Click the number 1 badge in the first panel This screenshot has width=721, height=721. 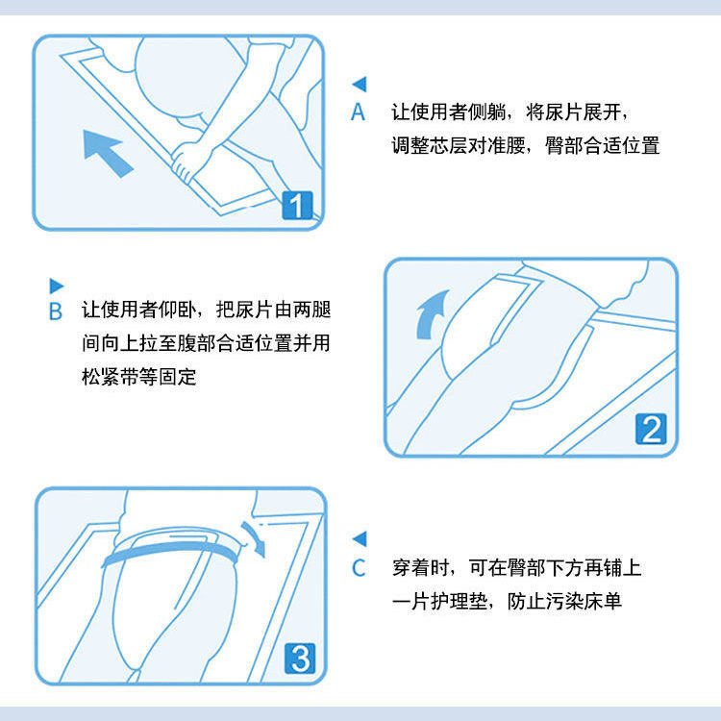tap(298, 205)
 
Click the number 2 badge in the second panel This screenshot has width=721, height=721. tap(652, 429)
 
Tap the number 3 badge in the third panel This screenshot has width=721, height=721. tap(299, 658)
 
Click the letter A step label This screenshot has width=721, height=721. tap(359, 112)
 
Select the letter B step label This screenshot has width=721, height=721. tap(56, 311)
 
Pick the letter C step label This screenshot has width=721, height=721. tap(359, 567)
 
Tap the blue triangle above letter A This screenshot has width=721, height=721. tap(360, 85)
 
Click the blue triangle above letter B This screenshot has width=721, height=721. tap(56, 285)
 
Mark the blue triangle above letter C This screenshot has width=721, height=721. tap(360, 539)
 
